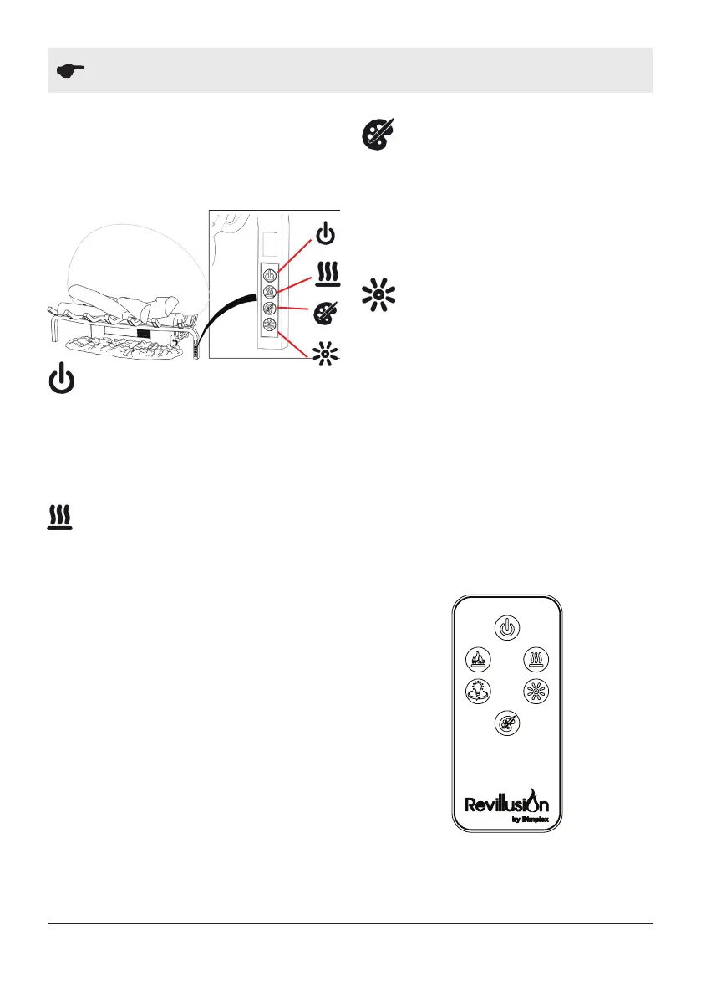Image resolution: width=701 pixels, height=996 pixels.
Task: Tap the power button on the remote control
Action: [506, 626]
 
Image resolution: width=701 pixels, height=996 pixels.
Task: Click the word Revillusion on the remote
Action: [506, 804]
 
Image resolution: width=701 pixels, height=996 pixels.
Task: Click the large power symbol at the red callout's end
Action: [326, 235]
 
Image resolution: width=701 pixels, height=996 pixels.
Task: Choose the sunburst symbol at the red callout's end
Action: [325, 354]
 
